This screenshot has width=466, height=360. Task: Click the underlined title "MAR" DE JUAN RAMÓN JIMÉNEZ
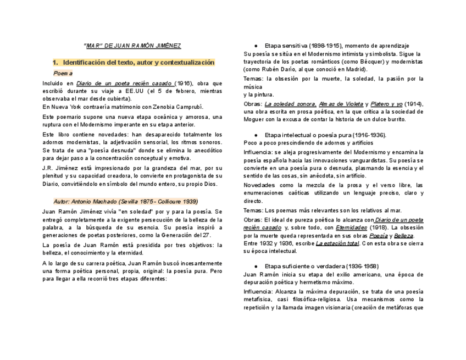coord(132,45)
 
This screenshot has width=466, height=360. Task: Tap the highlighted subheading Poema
coord(63,73)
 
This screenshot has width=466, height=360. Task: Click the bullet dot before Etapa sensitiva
coord(257,45)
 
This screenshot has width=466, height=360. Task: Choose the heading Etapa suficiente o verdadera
coord(321,266)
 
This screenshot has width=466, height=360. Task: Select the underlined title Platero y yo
coord(386,103)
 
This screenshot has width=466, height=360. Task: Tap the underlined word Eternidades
coord(352,227)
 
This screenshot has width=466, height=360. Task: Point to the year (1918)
coord(378,227)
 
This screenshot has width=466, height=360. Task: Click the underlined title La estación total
coord(337,243)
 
